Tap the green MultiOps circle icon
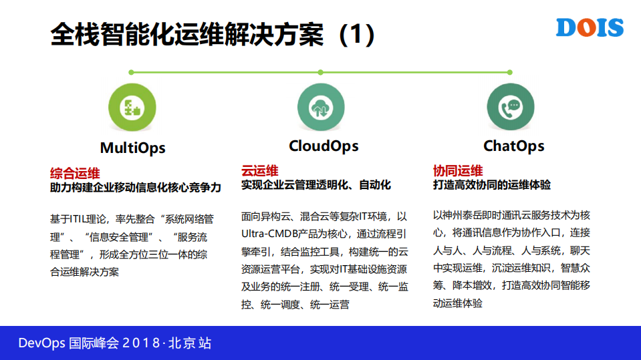coord(132,108)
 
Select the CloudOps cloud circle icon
coord(321,108)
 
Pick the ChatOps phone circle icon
coord(510,107)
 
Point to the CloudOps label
coord(324,146)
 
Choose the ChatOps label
coord(513,146)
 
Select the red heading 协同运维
coord(458,170)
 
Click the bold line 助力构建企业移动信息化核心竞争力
coord(135,188)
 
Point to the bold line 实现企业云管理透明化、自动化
coord(315,185)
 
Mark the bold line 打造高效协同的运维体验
coord(492,184)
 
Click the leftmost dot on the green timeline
coord(132,72)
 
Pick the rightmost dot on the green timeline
coord(509,72)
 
